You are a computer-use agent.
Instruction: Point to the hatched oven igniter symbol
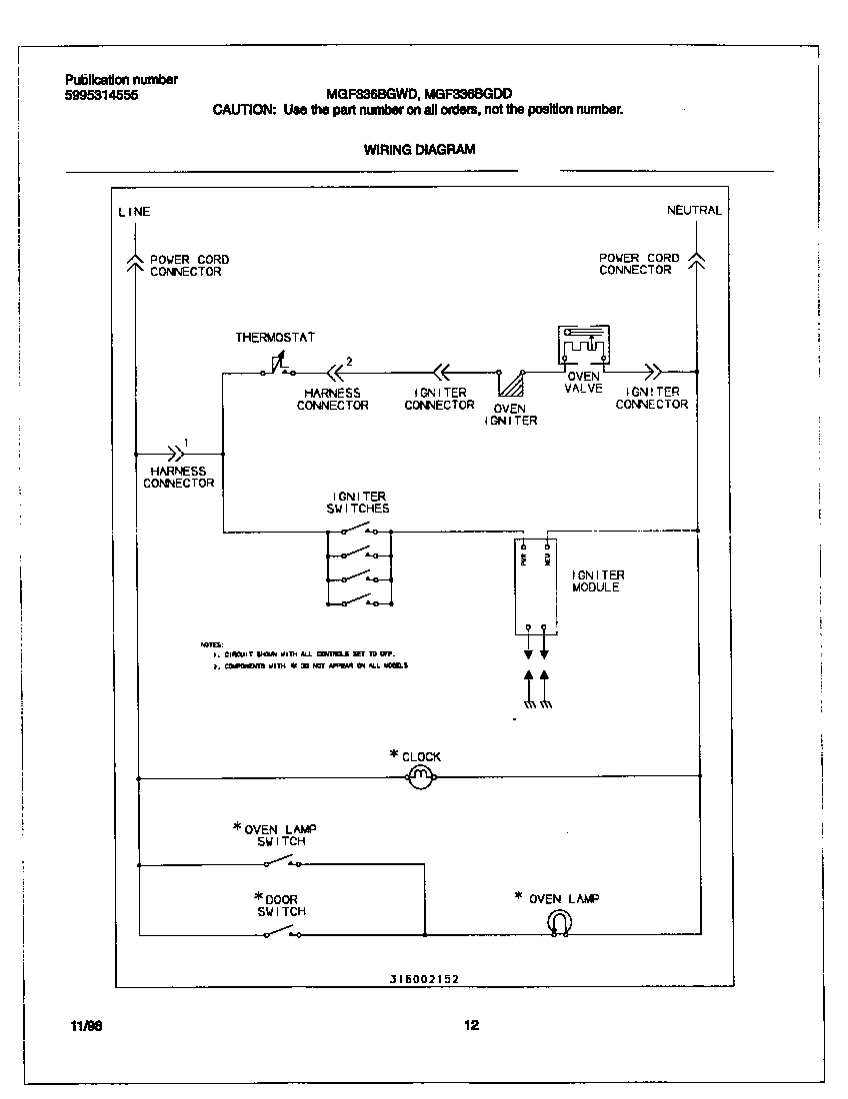pos(512,387)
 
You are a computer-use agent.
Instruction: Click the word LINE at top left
pos(134,212)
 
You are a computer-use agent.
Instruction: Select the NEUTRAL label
pos(694,211)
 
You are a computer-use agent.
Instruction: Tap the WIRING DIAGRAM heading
pos(419,149)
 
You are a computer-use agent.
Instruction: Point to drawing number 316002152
pos(424,980)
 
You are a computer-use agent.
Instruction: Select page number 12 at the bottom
pos(472,1025)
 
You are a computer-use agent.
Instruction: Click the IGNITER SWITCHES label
pos(358,503)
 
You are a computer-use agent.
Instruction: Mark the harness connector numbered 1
pos(176,452)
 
